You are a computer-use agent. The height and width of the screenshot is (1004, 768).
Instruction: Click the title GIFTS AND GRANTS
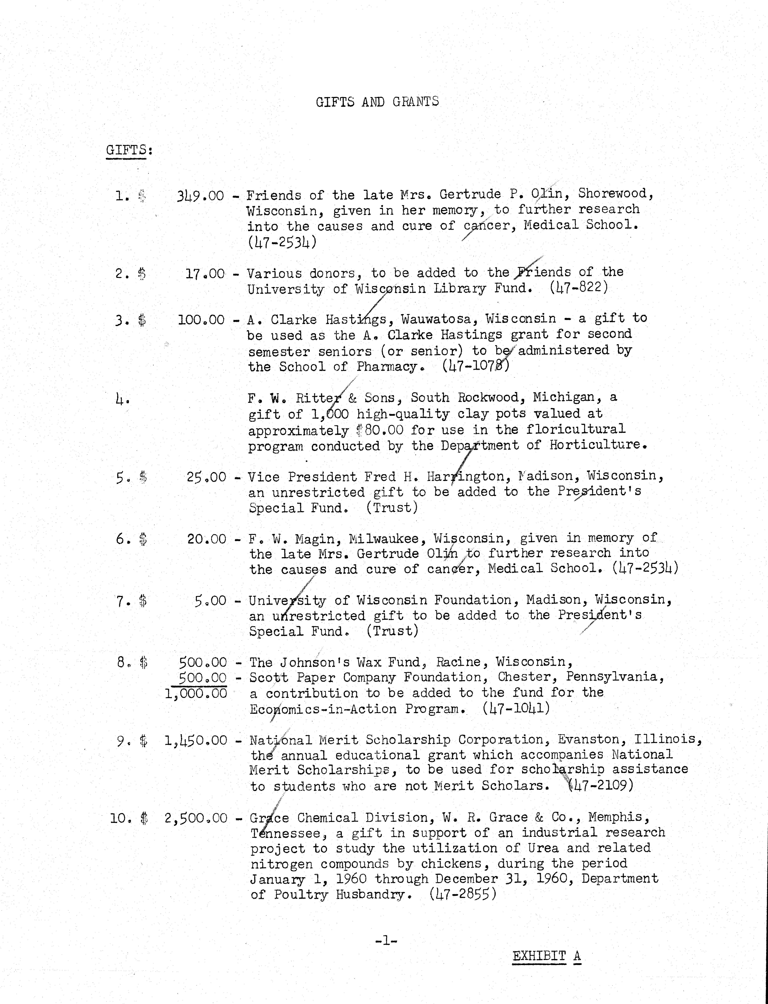377,102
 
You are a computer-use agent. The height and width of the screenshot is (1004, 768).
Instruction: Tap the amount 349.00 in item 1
200,196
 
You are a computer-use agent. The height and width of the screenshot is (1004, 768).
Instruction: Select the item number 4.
122,400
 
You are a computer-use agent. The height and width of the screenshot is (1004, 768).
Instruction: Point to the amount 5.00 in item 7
210,600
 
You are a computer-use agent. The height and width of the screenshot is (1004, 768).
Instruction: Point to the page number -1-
386,941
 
